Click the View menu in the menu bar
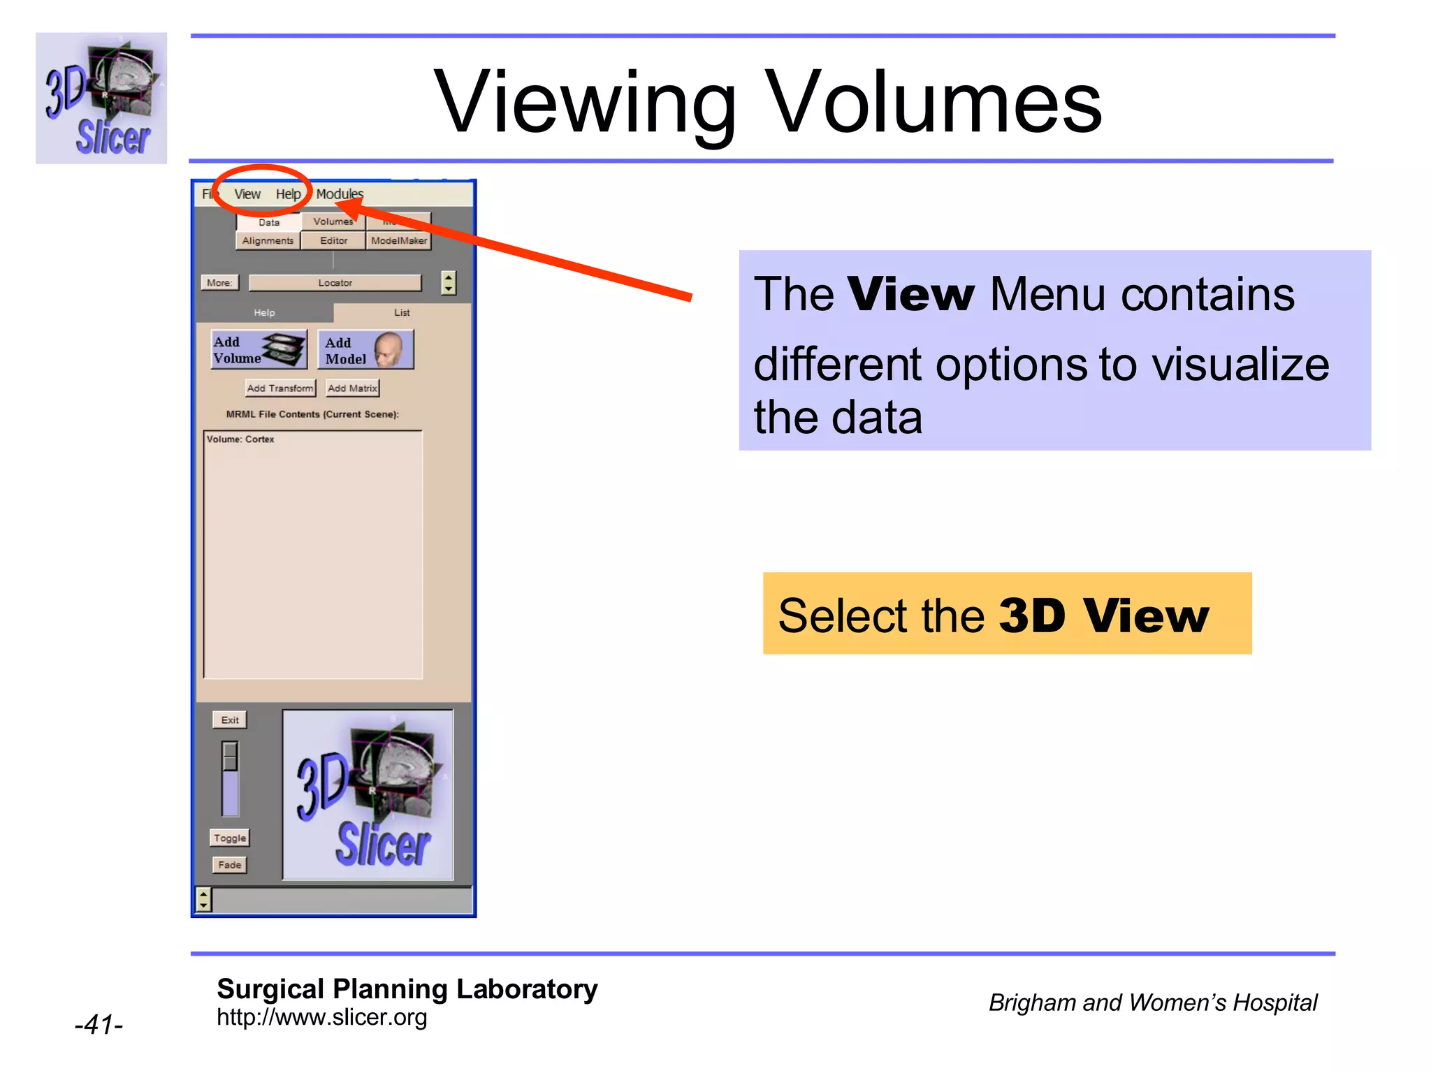(247, 194)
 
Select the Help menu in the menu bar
(288, 194)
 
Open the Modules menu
(340, 194)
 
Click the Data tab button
(269, 222)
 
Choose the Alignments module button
(268, 241)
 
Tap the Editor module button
(333, 241)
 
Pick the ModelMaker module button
(399, 241)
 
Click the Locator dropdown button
(335, 283)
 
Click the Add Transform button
(280, 388)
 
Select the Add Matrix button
(353, 388)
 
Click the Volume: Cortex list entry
(240, 439)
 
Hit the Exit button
(230, 720)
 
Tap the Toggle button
(230, 838)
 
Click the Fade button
(230, 865)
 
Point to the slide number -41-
(99, 1025)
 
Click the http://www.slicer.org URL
(321, 1017)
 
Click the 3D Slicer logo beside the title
(101, 98)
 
